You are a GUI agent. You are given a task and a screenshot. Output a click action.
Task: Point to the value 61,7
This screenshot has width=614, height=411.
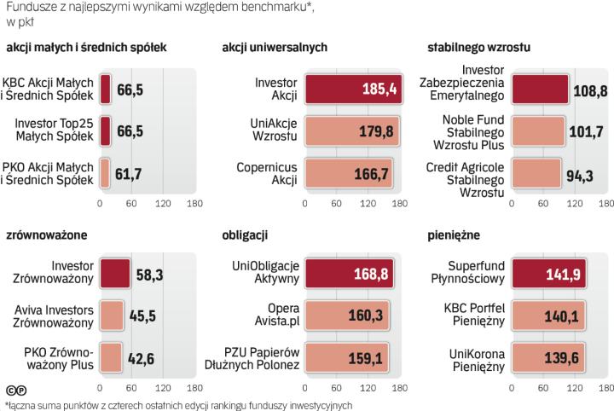pos(133,171)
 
